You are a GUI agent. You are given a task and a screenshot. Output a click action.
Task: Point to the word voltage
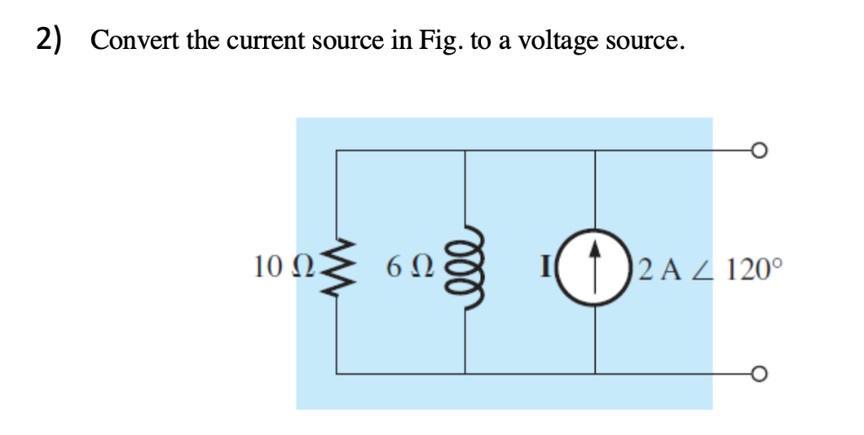(x=559, y=41)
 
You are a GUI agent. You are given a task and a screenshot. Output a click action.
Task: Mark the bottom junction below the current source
(x=596, y=372)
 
